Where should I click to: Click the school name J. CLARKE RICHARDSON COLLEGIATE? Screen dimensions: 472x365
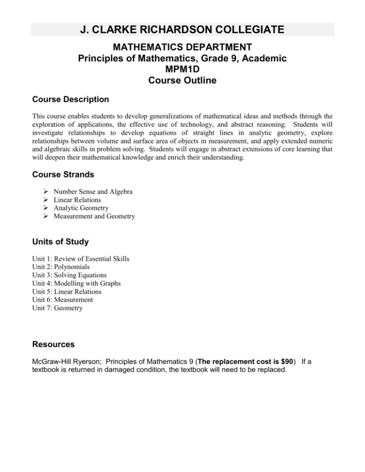coord(182,30)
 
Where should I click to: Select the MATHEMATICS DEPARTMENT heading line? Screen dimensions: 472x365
coord(182,48)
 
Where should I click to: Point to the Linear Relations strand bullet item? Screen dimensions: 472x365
coord(79,200)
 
